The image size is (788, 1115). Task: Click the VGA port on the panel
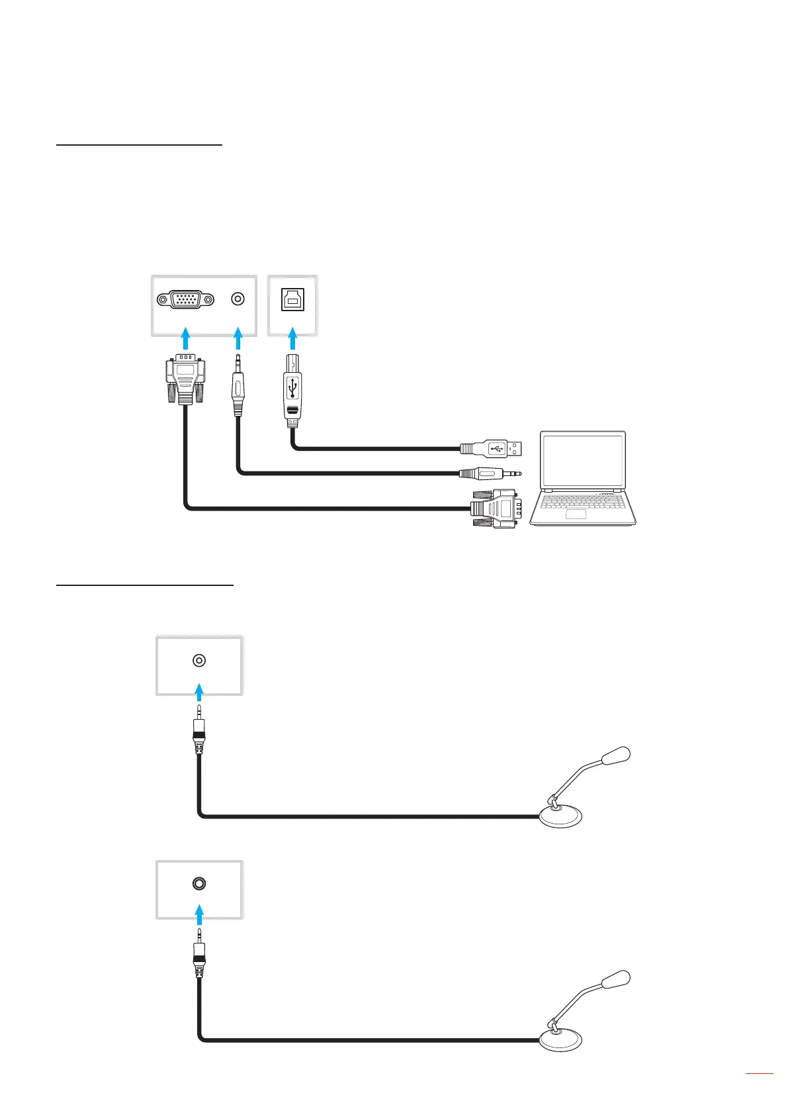pos(185,299)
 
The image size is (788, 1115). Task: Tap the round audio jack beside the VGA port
pos(238,299)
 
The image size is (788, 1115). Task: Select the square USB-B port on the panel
pos(292,300)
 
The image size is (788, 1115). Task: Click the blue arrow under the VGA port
pos(186,337)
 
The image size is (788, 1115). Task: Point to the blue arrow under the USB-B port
pos(292,340)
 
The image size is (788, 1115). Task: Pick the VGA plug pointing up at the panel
pos(185,381)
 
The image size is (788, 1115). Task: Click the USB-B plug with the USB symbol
pos(293,387)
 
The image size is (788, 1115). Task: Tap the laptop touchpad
pos(576,514)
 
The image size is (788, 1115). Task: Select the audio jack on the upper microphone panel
pos(198,660)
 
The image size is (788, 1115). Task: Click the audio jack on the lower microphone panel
pos(198,883)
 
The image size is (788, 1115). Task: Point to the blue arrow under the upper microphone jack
pos(199,694)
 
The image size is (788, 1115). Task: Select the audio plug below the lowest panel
pos(198,951)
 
